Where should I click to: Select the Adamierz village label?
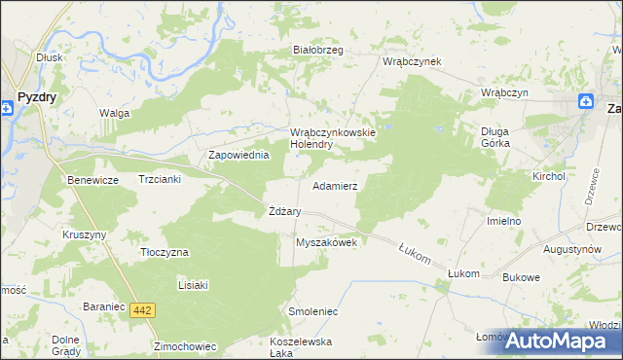click(335, 185)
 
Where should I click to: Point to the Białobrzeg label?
click(318, 51)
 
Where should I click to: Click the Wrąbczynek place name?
click(412, 61)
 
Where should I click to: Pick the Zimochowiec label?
click(184, 345)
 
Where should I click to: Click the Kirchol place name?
click(548, 176)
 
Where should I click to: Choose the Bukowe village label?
click(521, 277)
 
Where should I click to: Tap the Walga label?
click(114, 113)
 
